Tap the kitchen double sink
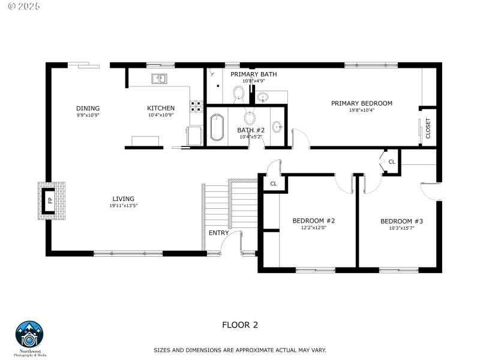point(160,79)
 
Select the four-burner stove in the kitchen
point(196,106)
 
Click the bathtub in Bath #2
point(217,127)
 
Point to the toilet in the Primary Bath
point(238,94)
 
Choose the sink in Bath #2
point(277,127)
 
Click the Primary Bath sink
point(263,97)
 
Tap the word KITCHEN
point(161,108)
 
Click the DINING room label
point(88,108)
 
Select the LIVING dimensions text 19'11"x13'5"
point(123,206)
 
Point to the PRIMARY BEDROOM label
point(361,103)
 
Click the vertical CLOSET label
point(428,128)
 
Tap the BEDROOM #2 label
point(313,221)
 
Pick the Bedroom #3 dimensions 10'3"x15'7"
point(401,227)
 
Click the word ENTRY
point(218,233)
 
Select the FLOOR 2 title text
point(240,325)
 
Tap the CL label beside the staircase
point(273,184)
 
